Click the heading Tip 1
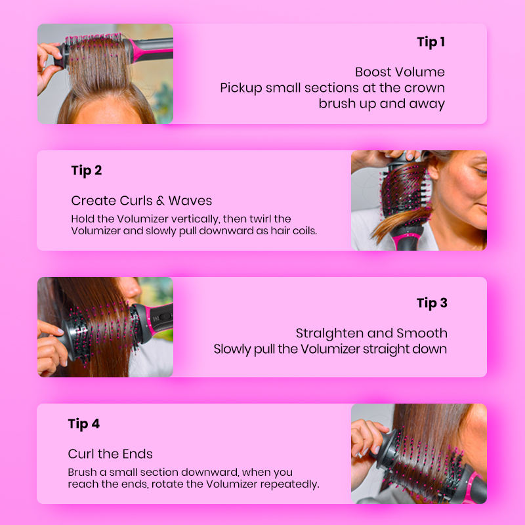click(431, 43)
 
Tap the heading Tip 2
click(87, 171)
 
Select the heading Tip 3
click(432, 303)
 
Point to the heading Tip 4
click(84, 424)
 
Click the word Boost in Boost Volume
click(373, 72)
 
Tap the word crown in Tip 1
click(425, 88)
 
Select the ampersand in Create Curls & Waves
click(160, 201)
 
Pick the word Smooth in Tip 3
click(422, 333)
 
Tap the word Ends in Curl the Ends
click(138, 454)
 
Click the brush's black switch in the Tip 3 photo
click(163, 316)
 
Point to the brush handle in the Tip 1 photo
click(152, 50)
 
